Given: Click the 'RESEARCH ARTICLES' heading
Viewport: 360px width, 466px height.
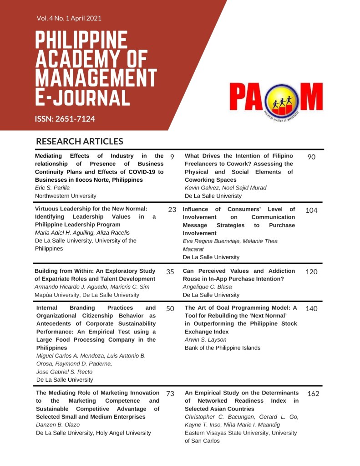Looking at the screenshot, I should pos(80,142).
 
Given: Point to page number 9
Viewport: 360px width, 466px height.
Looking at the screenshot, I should pos(172,157).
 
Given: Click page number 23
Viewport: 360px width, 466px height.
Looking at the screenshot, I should pos(172,210).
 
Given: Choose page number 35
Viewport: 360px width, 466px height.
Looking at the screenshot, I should pos(170,272).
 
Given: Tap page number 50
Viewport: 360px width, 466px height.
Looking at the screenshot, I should pos(170,308).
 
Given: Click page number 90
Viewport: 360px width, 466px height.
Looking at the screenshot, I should pos(312,157).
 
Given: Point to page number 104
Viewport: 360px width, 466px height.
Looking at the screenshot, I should pos(312,210).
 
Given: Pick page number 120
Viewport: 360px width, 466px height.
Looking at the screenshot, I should pos(312,272).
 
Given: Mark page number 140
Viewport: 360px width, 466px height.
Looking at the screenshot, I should pos(312,308).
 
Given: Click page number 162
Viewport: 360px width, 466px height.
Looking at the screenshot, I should pos(314,394).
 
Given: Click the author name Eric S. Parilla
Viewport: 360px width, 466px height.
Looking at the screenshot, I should pos(53,188).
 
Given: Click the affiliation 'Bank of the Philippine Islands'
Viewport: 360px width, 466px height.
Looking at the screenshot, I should pos(223,348).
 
